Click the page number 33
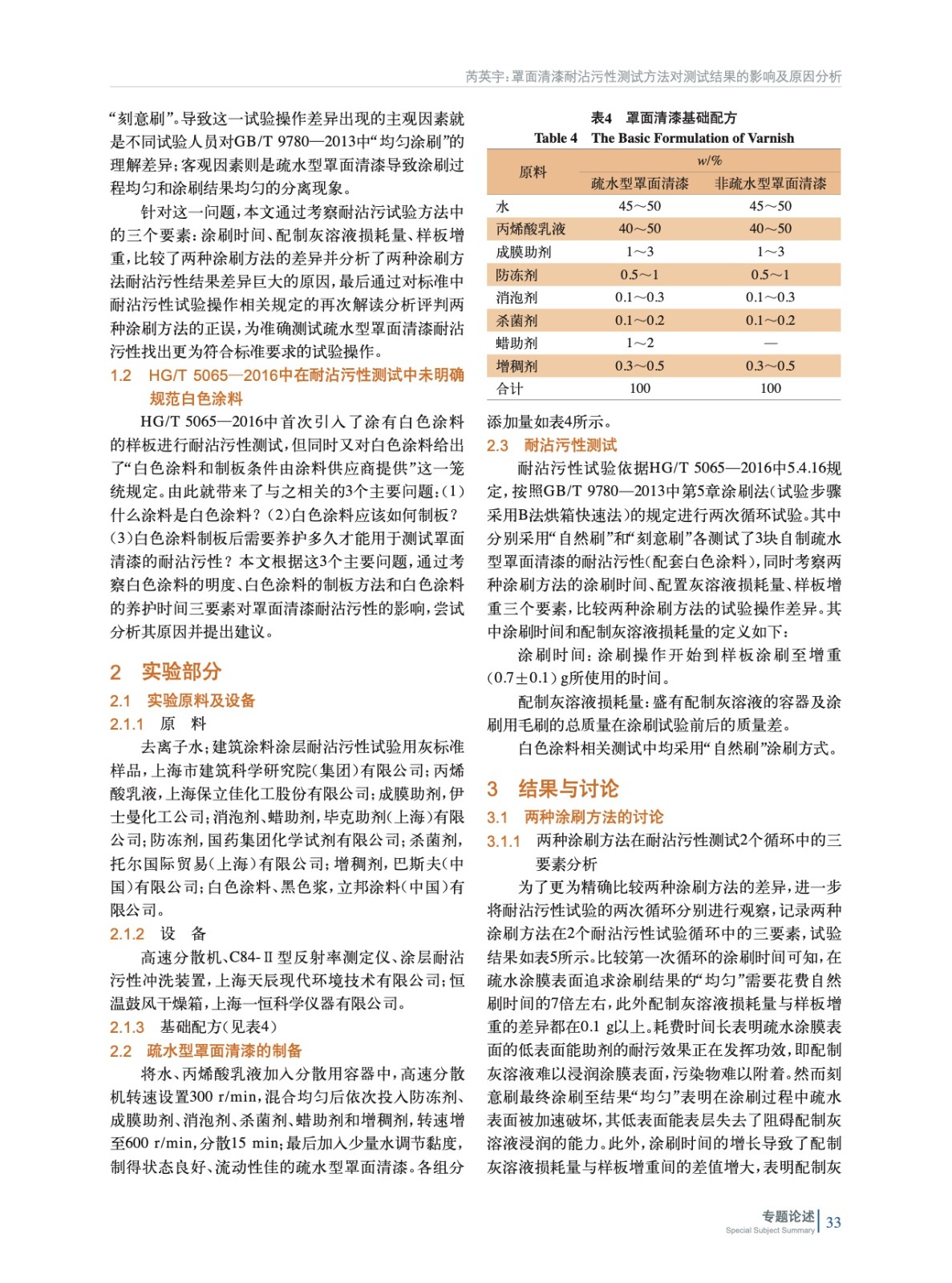point(833,1222)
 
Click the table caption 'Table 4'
point(555,138)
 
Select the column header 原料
point(533,172)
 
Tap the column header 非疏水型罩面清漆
point(770,184)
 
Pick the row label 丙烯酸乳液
point(530,229)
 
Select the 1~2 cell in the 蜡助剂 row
point(639,343)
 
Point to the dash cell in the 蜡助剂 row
point(770,343)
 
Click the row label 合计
point(509,389)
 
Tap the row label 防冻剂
point(517,274)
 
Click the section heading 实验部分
point(181,671)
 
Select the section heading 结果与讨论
point(569,788)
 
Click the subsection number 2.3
point(497,445)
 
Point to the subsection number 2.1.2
point(127,933)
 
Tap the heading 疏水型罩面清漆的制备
point(225,1050)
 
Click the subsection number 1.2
point(121,375)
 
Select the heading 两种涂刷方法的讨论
point(593,817)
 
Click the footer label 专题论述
point(788,1216)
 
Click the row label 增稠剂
point(517,366)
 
